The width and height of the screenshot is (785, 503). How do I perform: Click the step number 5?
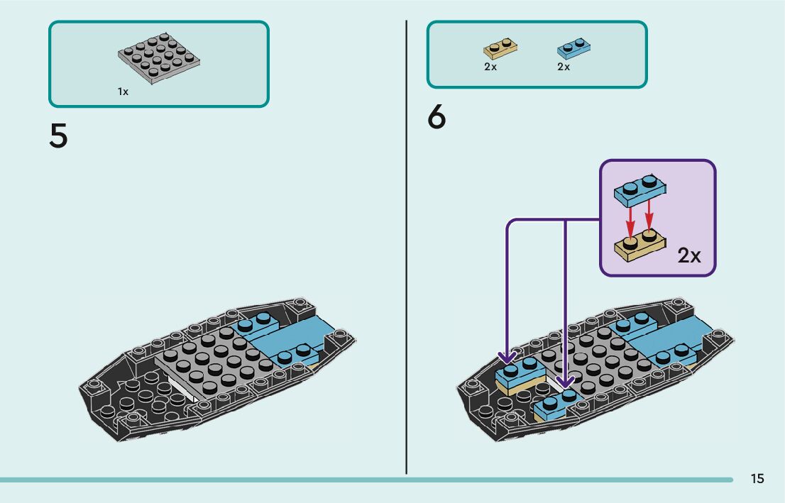point(58,137)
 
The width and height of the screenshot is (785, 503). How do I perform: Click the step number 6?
point(437,118)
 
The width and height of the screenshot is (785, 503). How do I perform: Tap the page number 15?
point(757,479)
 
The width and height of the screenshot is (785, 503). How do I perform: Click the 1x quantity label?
point(123,92)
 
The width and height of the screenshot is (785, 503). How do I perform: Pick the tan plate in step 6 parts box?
point(500,48)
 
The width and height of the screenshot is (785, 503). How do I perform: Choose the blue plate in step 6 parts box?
point(575,48)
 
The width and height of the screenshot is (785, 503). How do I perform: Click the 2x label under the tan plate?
point(490,67)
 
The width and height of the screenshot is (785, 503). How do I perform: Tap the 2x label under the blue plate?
point(564,67)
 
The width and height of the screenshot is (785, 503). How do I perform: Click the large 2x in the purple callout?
point(688,255)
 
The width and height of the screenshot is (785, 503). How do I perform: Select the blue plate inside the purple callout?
point(639,188)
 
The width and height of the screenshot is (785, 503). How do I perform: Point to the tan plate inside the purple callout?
point(639,243)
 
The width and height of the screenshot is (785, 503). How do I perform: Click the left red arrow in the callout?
point(629,220)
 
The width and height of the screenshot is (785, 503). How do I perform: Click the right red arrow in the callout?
point(648,216)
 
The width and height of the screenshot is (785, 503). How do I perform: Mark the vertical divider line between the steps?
point(406,248)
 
